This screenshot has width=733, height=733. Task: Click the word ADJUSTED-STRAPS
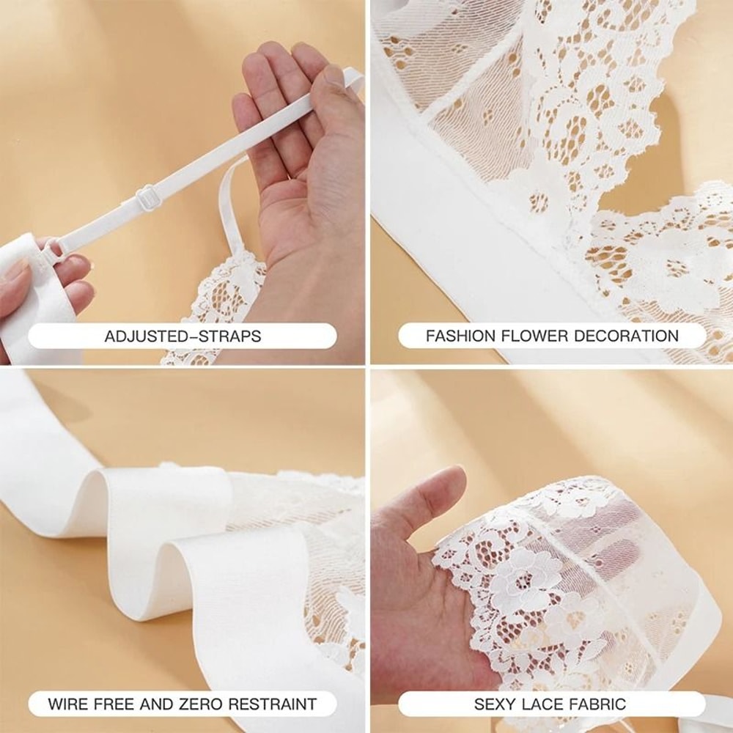coord(183,337)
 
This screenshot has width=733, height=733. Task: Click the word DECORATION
coord(627,337)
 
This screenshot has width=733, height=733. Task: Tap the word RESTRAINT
coord(273,705)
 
